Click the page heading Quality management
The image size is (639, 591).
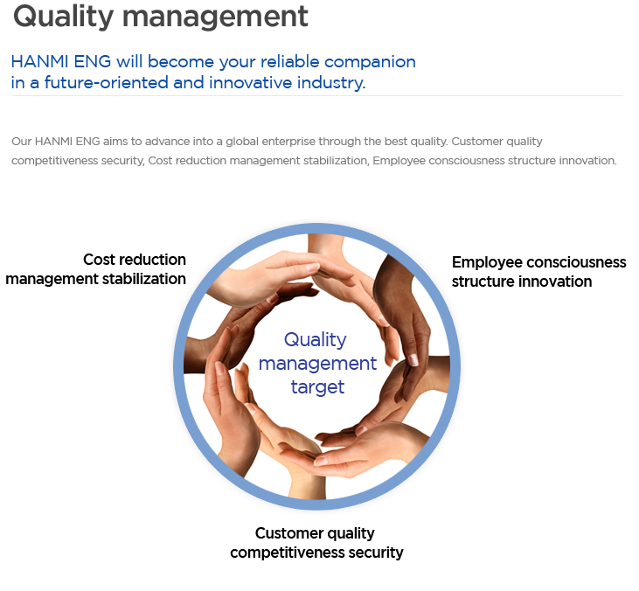pyautogui.click(x=161, y=17)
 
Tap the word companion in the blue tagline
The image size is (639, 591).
pyautogui.click(x=370, y=62)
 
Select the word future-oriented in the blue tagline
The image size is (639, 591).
pyautogui.click(x=106, y=83)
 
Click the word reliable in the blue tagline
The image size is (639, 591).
pyautogui.click(x=289, y=61)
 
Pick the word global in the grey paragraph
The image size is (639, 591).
pyautogui.click(x=242, y=142)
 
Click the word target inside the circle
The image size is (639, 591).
pyautogui.click(x=317, y=386)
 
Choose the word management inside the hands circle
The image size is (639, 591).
pyautogui.click(x=317, y=364)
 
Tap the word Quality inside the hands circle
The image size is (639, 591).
pyautogui.click(x=316, y=340)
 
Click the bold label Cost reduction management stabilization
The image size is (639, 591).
pyautogui.click(x=96, y=269)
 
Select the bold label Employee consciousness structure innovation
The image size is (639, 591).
pyautogui.click(x=538, y=272)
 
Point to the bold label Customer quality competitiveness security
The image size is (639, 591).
pyautogui.click(x=316, y=543)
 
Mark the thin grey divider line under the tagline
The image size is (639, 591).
pyautogui.click(x=317, y=96)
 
